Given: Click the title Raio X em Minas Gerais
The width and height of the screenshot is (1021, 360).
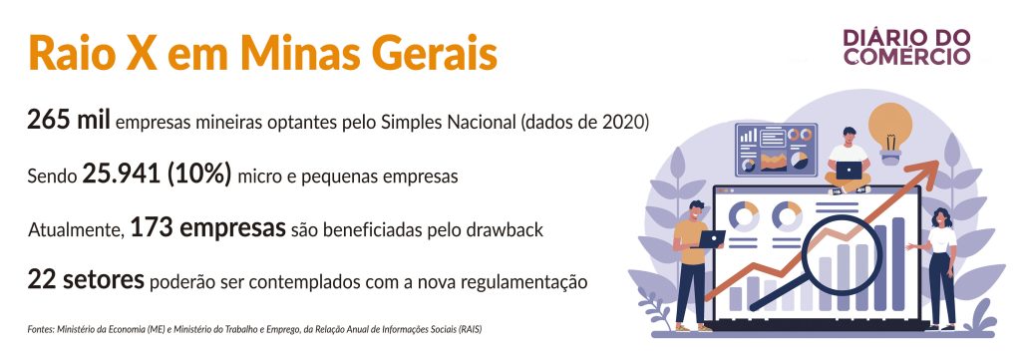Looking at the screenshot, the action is click(262, 53).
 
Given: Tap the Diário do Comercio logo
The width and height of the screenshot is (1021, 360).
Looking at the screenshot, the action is click(906, 47).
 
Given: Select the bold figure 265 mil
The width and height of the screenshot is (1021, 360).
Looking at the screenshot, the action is click(69, 121).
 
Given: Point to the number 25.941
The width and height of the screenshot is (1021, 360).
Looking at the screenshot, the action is click(121, 176).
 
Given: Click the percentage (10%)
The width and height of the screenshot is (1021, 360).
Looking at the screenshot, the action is click(199, 176).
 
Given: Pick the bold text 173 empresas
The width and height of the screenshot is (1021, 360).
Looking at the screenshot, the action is click(208, 228).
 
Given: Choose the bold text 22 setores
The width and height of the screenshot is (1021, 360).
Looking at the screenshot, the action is click(86, 280).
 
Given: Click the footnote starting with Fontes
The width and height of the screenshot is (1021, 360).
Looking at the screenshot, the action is click(254, 329).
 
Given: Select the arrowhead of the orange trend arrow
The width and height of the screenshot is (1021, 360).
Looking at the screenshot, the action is click(927, 171).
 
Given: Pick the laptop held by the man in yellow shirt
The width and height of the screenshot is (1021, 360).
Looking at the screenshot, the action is click(710, 239).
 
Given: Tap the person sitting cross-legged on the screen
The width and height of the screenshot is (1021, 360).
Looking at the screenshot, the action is click(848, 161).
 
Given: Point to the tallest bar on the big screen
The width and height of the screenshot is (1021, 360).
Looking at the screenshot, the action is click(897, 263).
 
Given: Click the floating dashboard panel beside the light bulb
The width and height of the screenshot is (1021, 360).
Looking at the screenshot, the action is click(776, 150).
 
